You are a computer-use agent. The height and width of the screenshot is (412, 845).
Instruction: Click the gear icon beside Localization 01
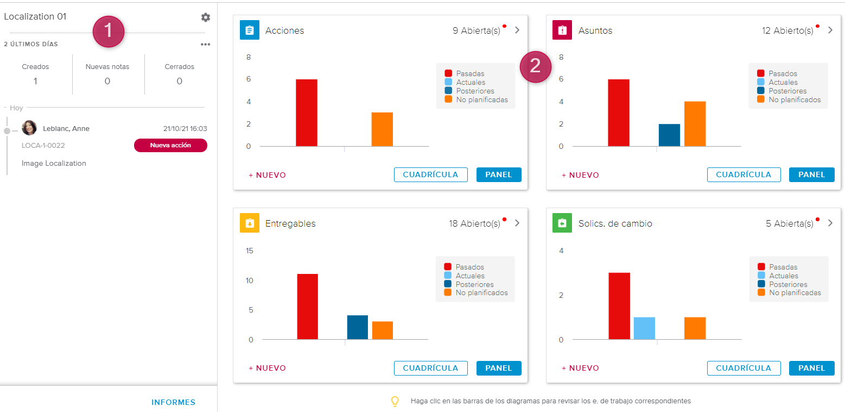click(x=205, y=17)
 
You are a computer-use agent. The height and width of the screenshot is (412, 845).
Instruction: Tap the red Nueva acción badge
click(x=170, y=145)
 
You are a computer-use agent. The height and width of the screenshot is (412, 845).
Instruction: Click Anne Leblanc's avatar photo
click(x=29, y=128)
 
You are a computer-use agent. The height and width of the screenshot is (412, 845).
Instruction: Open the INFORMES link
click(x=173, y=402)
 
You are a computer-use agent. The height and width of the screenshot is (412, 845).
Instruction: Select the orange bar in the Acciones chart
click(x=382, y=129)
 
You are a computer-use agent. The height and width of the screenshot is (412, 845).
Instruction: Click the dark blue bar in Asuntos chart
click(x=669, y=135)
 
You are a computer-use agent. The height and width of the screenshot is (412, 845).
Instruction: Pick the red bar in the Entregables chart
click(x=307, y=307)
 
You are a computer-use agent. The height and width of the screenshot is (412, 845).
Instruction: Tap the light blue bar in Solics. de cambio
click(x=644, y=328)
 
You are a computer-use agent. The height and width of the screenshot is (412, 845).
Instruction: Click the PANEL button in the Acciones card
click(x=499, y=174)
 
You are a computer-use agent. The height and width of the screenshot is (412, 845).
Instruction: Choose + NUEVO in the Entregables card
click(x=267, y=368)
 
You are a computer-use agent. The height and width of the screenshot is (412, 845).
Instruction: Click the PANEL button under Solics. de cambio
click(x=811, y=368)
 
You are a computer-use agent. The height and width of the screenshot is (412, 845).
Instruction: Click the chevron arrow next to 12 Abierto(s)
click(x=830, y=30)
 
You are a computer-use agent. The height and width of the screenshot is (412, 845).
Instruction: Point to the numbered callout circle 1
click(x=109, y=31)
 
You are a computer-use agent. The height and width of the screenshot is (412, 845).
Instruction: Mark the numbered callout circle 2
click(x=535, y=66)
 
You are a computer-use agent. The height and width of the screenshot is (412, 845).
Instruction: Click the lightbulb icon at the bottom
click(x=395, y=401)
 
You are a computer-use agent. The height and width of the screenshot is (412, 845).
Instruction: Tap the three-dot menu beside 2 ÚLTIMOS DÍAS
click(x=205, y=45)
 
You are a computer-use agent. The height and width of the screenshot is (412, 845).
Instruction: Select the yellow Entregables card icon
click(x=250, y=223)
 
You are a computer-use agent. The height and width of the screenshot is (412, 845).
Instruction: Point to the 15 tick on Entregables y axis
click(x=250, y=251)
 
